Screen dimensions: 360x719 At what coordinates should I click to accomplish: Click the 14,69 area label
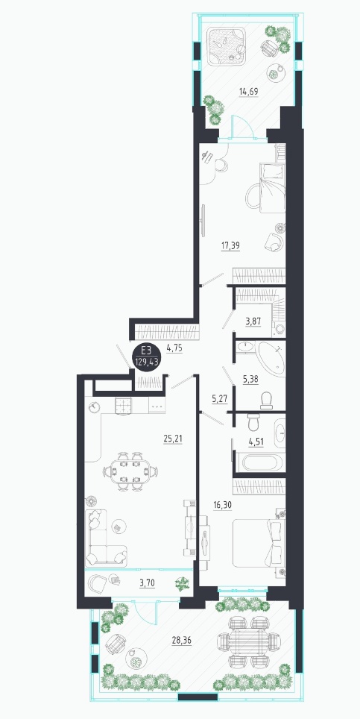[249, 91]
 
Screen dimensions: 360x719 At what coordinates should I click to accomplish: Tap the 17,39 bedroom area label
[230, 246]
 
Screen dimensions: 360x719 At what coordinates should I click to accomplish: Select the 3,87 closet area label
[253, 321]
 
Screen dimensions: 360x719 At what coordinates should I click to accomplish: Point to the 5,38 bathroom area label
[251, 378]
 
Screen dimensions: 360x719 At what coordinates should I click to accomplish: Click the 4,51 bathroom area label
[256, 442]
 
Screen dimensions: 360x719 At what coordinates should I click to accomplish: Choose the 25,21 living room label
[173, 439]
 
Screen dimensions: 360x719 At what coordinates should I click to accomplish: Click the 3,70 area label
[147, 583]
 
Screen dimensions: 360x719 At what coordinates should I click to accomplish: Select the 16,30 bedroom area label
[223, 505]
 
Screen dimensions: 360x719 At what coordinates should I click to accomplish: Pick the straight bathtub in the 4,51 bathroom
[259, 461]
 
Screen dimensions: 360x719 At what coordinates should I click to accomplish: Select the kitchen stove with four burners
[122, 406]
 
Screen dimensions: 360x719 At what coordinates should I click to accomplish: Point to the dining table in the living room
[130, 471]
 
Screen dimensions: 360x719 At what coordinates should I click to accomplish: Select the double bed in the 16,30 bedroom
[259, 543]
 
